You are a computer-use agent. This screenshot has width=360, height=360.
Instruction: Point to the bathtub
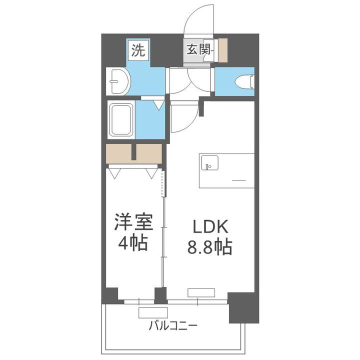click(x=121, y=120)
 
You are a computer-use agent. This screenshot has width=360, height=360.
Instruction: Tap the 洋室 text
click(x=132, y=222)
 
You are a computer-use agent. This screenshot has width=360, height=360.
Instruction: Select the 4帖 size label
click(x=132, y=243)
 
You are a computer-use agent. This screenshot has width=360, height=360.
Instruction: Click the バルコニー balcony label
click(x=173, y=326)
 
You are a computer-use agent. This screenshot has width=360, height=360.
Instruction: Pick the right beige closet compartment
click(x=149, y=153)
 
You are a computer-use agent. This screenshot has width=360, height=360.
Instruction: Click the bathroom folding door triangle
click(x=159, y=105)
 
